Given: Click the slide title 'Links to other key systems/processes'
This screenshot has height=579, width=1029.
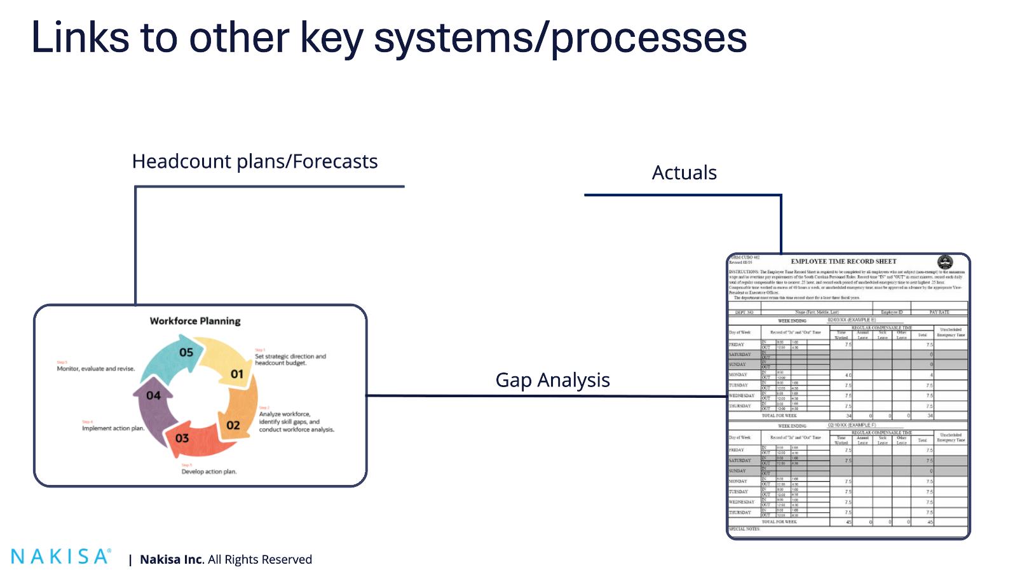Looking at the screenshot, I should pyautogui.click(x=388, y=38).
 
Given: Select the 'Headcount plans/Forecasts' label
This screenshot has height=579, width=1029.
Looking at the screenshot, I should pyautogui.click(x=255, y=162).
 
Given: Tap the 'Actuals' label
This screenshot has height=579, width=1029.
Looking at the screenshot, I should pyautogui.click(x=684, y=173).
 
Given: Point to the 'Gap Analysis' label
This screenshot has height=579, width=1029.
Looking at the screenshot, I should pyautogui.click(x=552, y=380).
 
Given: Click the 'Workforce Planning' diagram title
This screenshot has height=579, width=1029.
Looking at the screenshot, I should pyautogui.click(x=195, y=321).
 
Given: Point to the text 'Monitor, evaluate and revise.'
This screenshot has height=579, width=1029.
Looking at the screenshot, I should pyautogui.click(x=96, y=369).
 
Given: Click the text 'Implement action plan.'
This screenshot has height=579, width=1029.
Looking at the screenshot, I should pyautogui.click(x=113, y=428).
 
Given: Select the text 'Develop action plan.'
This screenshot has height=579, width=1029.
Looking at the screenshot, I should pyautogui.click(x=209, y=472).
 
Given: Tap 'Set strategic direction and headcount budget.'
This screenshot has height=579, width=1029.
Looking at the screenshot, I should pyautogui.click(x=290, y=360).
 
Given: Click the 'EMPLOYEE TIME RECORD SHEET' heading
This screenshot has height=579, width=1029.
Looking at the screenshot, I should pyautogui.click(x=843, y=261).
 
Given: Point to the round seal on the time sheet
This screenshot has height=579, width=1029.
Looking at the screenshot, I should pyautogui.click(x=945, y=262).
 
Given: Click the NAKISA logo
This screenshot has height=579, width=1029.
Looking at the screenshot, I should pyautogui.click(x=61, y=557).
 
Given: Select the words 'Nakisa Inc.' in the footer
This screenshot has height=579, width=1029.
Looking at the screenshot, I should pyautogui.click(x=172, y=560).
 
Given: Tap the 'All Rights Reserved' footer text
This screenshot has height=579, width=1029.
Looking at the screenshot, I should pyautogui.click(x=260, y=560).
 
